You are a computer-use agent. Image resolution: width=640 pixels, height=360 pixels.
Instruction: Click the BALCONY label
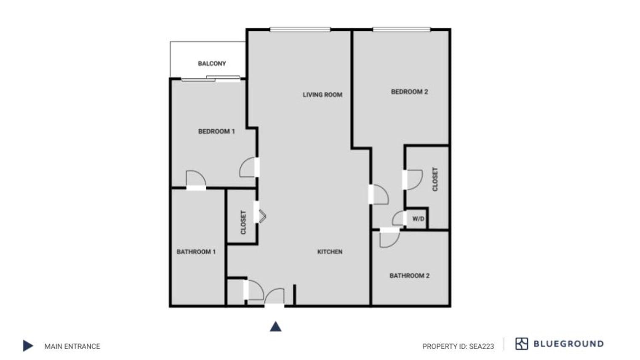(212, 64)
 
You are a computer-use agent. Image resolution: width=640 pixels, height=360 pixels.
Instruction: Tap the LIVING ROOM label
(322, 95)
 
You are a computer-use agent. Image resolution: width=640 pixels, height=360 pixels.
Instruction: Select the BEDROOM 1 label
(216, 131)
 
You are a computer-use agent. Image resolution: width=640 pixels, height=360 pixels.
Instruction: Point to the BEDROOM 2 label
(409, 92)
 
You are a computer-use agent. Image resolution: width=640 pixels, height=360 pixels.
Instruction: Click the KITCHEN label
(330, 252)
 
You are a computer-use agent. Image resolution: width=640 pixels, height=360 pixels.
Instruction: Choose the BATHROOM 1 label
(196, 252)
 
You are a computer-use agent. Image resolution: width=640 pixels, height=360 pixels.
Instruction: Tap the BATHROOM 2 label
(409, 276)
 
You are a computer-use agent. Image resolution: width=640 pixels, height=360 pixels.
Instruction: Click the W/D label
(418, 219)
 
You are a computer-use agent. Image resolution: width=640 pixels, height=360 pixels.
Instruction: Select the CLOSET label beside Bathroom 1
(243, 222)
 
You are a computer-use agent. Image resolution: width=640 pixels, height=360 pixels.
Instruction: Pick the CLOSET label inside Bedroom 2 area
(435, 179)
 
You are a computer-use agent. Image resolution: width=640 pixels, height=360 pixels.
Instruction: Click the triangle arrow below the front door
(275, 326)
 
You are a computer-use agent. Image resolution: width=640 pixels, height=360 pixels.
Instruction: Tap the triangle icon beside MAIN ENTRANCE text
(28, 346)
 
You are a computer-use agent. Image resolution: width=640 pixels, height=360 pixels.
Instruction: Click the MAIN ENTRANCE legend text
(72, 346)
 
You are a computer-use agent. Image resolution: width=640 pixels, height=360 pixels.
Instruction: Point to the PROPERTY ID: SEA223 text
(458, 346)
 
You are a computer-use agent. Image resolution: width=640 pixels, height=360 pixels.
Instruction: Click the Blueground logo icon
(521, 344)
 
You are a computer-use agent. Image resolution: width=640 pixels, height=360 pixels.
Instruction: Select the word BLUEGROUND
(568, 344)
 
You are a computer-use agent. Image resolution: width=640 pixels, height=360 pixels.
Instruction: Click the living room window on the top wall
(300, 29)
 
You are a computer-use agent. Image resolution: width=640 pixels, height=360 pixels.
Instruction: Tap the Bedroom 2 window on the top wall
(401, 29)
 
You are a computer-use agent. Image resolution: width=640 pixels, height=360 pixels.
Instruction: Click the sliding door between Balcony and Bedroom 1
(211, 79)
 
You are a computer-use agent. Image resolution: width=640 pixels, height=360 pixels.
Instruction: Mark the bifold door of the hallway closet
(261, 216)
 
